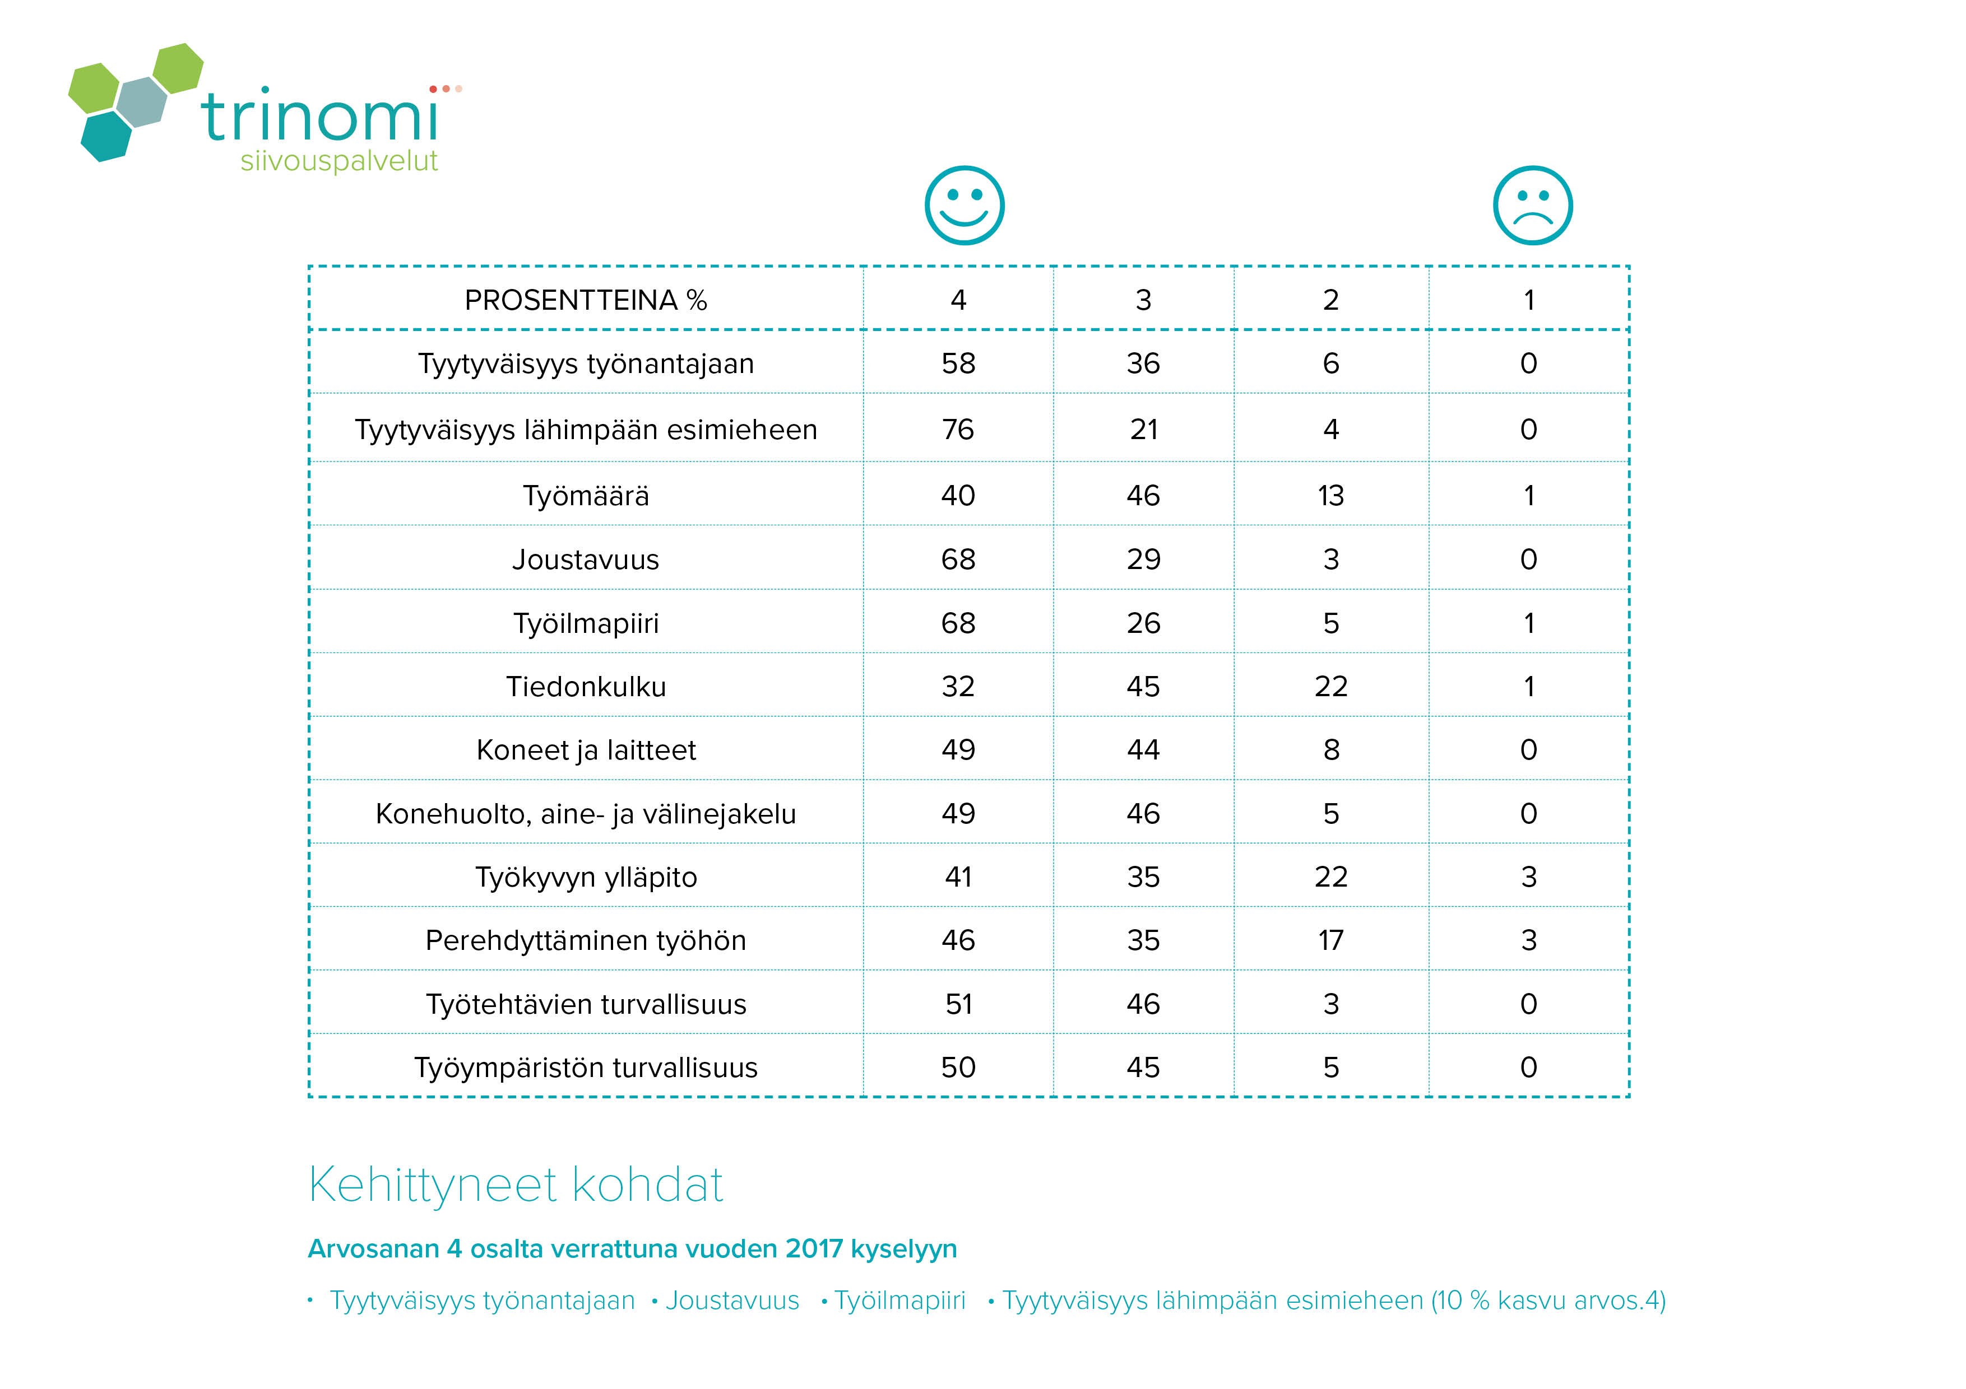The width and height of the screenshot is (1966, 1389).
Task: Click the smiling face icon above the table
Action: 964,206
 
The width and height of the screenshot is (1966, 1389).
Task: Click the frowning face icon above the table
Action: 1533,206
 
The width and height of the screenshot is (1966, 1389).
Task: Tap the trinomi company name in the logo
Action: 320,116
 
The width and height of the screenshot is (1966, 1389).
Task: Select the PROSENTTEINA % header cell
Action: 586,300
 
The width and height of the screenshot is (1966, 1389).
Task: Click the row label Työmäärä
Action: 586,496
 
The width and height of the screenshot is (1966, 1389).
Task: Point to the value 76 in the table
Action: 958,430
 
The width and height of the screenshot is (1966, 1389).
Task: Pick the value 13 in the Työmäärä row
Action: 1330,496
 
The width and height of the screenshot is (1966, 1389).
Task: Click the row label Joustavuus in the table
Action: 586,560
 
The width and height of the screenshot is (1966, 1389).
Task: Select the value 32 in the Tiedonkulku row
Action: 958,686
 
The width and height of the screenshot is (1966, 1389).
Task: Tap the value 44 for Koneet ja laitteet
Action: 1143,750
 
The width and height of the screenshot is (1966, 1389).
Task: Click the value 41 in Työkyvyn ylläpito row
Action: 958,877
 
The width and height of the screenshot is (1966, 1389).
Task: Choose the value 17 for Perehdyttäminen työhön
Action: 1330,940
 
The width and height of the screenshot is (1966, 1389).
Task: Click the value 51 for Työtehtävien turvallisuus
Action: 958,1004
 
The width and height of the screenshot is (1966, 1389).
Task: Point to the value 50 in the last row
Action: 958,1067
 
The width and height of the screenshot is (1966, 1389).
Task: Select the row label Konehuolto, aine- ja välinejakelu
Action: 586,814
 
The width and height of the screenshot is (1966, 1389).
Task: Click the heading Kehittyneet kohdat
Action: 516,1185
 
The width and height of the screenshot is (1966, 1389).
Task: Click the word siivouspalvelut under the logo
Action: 339,161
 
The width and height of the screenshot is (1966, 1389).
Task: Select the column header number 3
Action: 1143,300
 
